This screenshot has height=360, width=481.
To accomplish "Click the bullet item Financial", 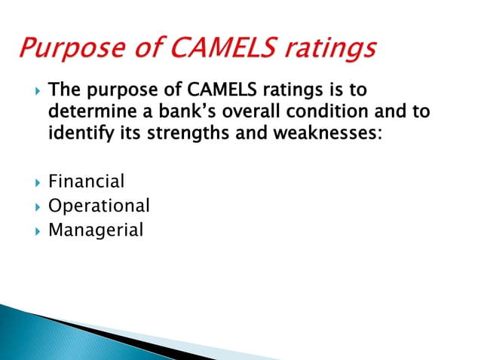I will [x=86, y=182].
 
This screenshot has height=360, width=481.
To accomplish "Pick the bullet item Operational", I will [x=99, y=206].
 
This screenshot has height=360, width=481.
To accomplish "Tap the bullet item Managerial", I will [x=95, y=230].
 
